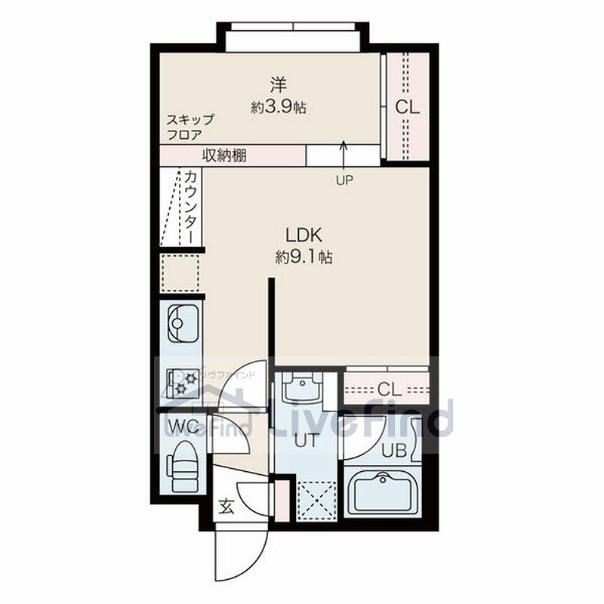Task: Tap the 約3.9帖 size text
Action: pos(279,107)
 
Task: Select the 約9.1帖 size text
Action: pos(304,257)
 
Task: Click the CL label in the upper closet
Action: pos(407,107)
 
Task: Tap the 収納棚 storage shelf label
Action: pos(224,156)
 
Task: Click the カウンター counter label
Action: pos(191,205)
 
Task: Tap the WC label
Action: pos(183,424)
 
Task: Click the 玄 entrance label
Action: pos(226,506)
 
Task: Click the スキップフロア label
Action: pos(190,127)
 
